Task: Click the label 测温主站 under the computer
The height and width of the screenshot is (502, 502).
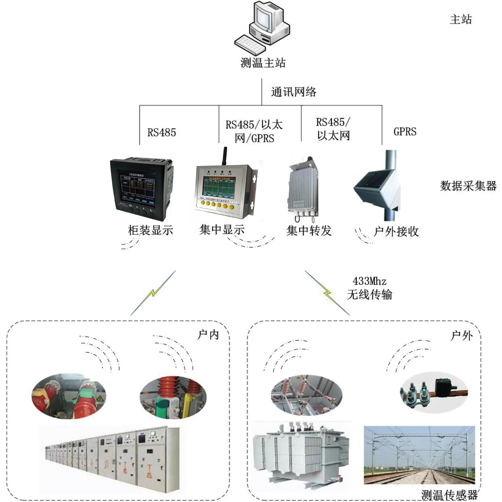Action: pos(263,63)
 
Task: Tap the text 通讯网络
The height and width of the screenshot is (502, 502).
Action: pos(294,92)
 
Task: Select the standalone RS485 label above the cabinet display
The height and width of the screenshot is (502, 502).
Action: pos(161,133)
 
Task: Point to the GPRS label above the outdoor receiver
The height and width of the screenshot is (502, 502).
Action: pos(405,132)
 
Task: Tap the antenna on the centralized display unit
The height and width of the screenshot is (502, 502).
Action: pos(224,156)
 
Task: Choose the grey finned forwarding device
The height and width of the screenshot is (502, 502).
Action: pos(302,188)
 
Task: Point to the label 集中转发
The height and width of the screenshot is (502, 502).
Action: pos(309,231)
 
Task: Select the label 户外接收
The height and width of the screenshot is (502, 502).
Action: pos(396,231)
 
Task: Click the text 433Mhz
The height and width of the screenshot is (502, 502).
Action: pos(369,281)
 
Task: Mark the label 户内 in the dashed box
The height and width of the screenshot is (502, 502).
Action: pos(208,335)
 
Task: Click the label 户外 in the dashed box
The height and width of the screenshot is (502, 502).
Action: pos(461,336)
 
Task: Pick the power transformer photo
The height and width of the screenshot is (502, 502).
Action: pos(300,454)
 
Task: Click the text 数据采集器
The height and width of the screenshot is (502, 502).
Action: pos(468,186)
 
